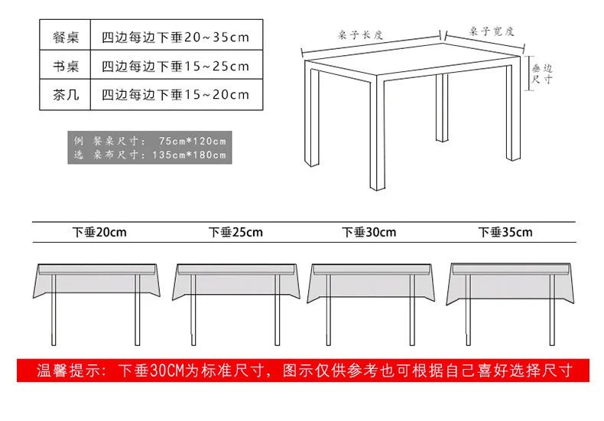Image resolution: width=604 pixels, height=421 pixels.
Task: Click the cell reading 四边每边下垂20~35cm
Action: [x=176, y=37]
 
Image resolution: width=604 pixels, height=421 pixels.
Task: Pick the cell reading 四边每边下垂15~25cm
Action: [x=176, y=66]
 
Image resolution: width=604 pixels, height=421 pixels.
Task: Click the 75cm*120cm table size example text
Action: [x=193, y=141]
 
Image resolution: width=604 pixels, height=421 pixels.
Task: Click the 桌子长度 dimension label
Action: [x=361, y=34]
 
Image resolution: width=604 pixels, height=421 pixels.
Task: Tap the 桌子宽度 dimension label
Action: [x=492, y=32]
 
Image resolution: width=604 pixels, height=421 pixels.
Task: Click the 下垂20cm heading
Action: [x=100, y=232]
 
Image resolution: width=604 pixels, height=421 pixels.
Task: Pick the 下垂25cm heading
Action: [x=235, y=232]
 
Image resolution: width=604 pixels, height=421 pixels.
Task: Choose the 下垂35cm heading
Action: [x=505, y=232]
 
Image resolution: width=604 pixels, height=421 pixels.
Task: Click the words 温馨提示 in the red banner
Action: [x=67, y=371]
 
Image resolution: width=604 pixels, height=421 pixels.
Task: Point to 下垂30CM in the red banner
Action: [x=150, y=371]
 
